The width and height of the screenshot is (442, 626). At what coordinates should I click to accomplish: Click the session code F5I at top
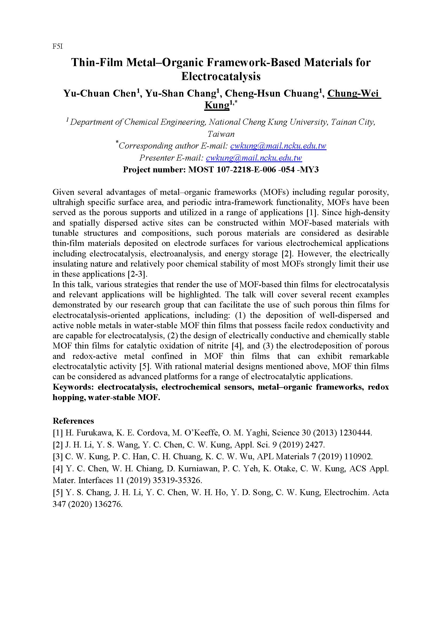(57, 47)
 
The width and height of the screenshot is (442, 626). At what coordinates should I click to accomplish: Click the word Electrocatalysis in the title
(221, 76)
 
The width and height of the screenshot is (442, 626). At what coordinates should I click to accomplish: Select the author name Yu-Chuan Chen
(100, 93)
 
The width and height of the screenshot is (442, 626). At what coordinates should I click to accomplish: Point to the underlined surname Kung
(217, 105)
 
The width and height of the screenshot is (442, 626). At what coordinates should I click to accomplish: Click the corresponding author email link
(278, 146)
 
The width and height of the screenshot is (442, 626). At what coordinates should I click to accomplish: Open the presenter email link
(254, 158)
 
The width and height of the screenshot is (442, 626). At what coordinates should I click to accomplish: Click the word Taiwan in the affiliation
(221, 134)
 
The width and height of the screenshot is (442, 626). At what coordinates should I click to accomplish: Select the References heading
(73, 421)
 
